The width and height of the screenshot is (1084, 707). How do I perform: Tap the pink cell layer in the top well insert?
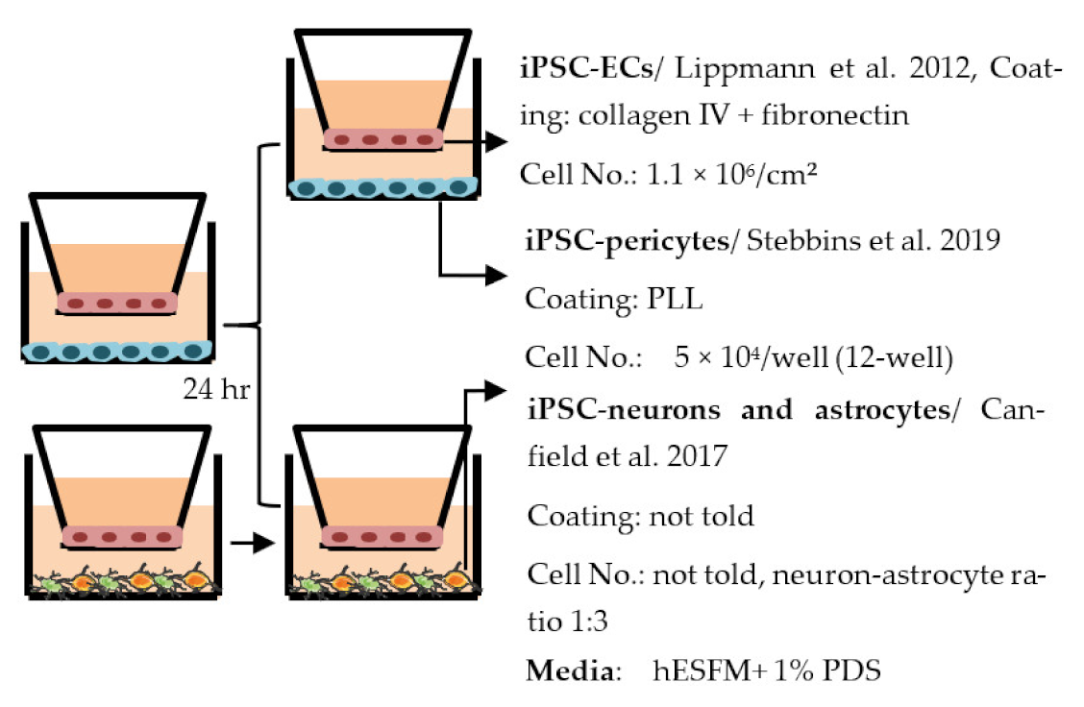(383, 139)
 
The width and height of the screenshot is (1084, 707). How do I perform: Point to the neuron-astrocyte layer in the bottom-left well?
(120, 582)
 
